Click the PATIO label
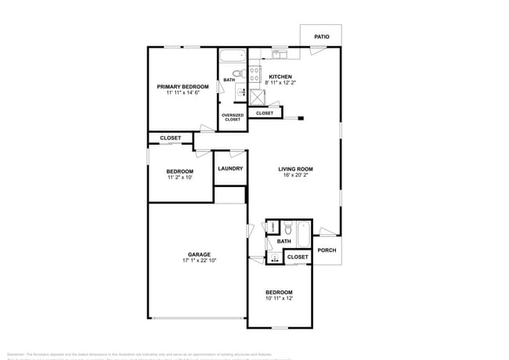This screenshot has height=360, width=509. tap(321, 37)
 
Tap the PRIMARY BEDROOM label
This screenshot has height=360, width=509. tap(182, 86)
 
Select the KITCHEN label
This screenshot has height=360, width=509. tap(280, 77)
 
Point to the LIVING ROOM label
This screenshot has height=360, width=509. tap(296, 168)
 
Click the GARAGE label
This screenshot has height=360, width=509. tap(198, 254)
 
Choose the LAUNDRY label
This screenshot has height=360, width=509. tap(230, 168)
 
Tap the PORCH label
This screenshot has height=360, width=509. tap(327, 250)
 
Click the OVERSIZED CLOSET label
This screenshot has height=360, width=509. tap(233, 117)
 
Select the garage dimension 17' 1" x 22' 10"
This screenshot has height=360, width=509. tap(198, 261)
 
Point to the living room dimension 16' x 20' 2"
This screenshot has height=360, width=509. tap(296, 175)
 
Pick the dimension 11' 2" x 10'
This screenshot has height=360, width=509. tap(179, 178)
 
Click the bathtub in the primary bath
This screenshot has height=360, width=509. tap(231, 57)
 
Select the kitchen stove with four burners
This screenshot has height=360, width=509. tap(254, 75)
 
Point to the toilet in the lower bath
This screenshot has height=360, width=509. tap(287, 229)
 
